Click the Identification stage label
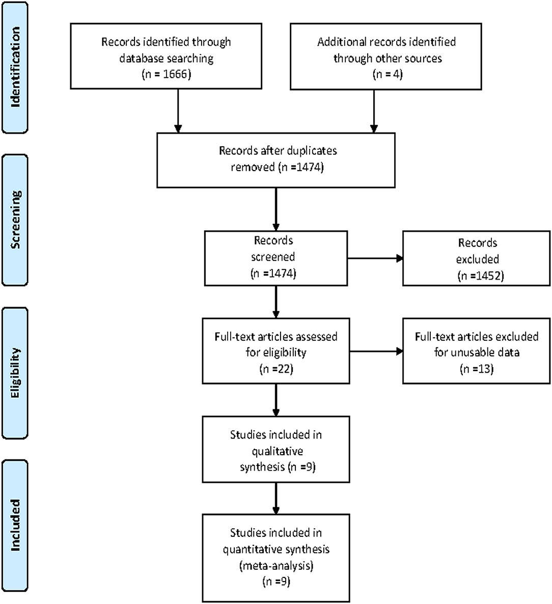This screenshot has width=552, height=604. click(15, 67)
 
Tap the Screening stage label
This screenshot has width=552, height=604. click(15, 219)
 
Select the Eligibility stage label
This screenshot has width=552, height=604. click(15, 372)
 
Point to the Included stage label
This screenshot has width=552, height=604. click(15, 525)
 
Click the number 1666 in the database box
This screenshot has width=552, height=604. click(175, 74)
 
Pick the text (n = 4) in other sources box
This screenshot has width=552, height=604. click(388, 74)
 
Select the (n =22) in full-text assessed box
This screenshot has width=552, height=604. click(276, 369)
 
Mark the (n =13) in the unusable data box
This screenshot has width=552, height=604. click(477, 369)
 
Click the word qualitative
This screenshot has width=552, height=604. click(278, 451)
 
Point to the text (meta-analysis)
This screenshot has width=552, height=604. click(276, 565)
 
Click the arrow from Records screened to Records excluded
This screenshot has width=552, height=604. click(375, 259)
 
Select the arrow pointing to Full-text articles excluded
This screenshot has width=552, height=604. click(376, 351)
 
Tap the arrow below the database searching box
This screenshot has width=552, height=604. click(178, 111)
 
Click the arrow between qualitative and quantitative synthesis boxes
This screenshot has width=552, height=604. click(276, 499)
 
